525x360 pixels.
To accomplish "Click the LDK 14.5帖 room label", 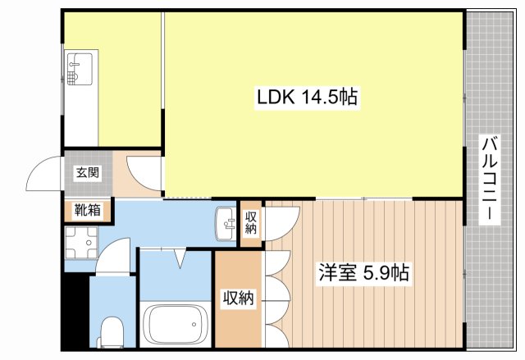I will click(x=306, y=98).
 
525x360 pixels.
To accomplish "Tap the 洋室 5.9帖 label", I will click(x=364, y=271).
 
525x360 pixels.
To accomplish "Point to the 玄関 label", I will click(x=88, y=173).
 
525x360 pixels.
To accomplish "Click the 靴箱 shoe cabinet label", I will click(x=88, y=209).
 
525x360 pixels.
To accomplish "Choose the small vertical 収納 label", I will click(x=251, y=222).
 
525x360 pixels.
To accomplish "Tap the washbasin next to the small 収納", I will click(x=225, y=224).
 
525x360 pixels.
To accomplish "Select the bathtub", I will click(x=176, y=326).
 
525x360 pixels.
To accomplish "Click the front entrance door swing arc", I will click(x=44, y=171).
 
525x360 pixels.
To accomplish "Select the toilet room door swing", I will click(x=116, y=255).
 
